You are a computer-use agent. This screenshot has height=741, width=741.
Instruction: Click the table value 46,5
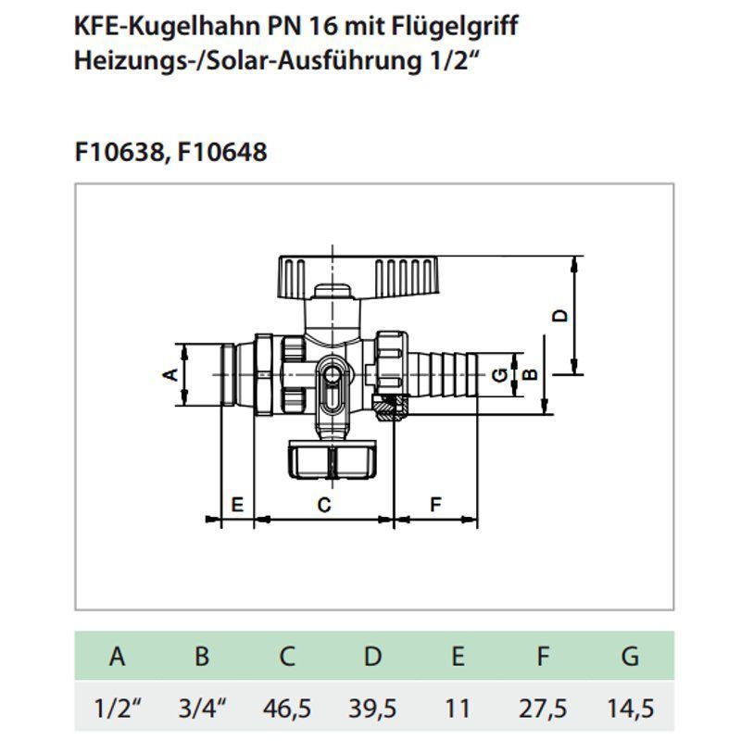287,709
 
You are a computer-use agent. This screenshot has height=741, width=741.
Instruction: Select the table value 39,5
372,709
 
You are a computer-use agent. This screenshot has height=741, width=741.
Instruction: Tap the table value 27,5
543,709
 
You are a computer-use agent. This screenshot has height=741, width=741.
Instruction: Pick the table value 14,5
630,709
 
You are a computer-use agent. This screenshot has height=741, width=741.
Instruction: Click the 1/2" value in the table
117,709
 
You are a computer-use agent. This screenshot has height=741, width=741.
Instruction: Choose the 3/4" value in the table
202,709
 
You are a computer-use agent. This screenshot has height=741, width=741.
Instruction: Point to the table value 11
458,709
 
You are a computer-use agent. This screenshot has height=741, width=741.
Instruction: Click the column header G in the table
630,658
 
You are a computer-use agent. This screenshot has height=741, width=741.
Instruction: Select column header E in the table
458,658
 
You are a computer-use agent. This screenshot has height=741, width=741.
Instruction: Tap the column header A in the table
117,658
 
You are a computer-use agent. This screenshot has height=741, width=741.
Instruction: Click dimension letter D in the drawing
559,315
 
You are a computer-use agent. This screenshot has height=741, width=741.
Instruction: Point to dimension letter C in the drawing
324,505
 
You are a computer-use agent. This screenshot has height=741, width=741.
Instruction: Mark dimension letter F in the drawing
436,505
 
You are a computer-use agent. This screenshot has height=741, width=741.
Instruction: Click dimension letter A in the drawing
170,374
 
